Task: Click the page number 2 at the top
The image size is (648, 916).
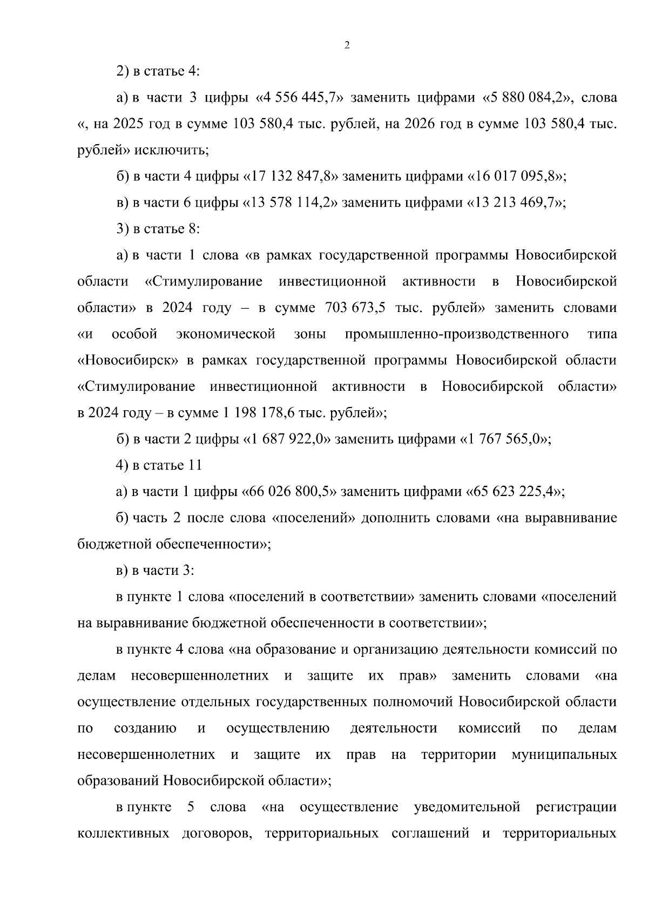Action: (347, 46)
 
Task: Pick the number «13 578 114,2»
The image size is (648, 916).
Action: (292, 203)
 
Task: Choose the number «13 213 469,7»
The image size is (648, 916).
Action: (516, 203)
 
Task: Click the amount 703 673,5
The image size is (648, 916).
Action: (355, 308)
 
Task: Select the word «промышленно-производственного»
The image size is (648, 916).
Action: (456, 335)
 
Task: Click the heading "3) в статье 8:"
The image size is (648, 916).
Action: (158, 229)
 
